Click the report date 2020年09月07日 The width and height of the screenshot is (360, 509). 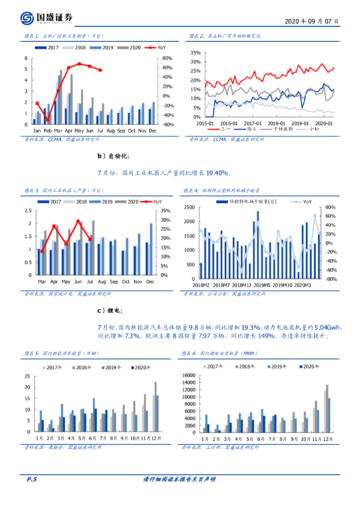(312, 21)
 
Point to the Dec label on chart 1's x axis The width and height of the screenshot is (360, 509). (153, 131)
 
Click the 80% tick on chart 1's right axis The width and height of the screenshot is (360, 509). (168, 58)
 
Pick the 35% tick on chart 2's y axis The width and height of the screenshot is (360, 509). (195, 53)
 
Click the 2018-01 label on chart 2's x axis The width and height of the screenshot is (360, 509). (276, 123)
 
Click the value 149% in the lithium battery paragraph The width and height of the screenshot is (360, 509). (266, 336)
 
